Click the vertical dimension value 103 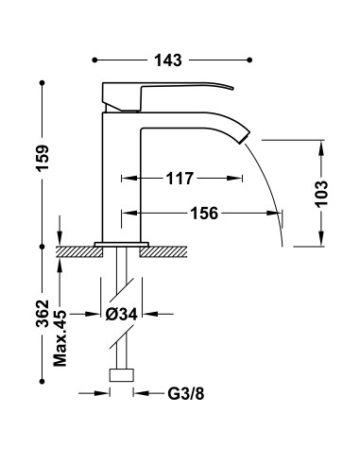coord(323,193)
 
